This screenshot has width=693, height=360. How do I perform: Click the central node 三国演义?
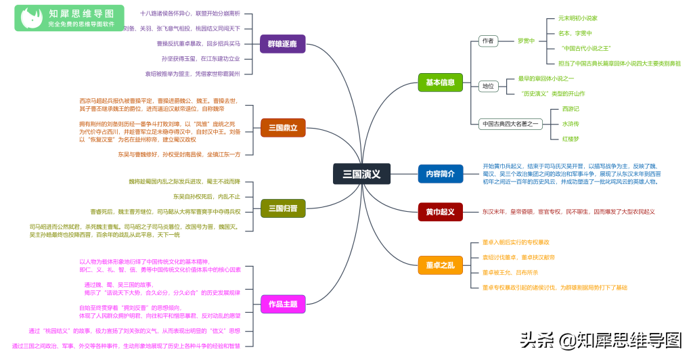click(x=361, y=174)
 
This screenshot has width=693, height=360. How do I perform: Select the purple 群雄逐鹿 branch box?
click(x=282, y=44)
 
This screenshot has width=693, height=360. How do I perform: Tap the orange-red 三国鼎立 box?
click(x=283, y=127)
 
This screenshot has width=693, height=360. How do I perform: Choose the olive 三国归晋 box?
click(x=283, y=208)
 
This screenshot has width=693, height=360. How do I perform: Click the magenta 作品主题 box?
click(x=283, y=305)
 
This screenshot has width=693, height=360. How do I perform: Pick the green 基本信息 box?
click(x=440, y=83)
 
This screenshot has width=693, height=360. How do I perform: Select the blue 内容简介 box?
click(x=440, y=174)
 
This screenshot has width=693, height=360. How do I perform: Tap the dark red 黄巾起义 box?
click(x=440, y=212)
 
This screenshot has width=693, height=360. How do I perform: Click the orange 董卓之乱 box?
click(x=440, y=265)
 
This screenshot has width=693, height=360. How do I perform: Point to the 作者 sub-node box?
click(x=487, y=41)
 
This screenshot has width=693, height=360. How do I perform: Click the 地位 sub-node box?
click(x=487, y=86)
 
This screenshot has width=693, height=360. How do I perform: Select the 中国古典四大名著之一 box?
click(x=511, y=124)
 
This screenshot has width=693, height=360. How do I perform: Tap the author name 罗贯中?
click(x=526, y=41)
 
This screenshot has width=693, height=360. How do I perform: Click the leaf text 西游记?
click(x=571, y=109)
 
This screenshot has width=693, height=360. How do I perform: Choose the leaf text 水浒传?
click(x=571, y=124)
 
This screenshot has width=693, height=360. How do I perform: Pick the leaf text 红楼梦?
click(x=571, y=139)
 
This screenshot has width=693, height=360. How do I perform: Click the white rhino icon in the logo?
click(x=30, y=18)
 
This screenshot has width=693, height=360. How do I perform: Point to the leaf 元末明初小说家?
click(x=577, y=18)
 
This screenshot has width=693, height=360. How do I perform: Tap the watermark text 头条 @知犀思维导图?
click(x=600, y=339)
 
